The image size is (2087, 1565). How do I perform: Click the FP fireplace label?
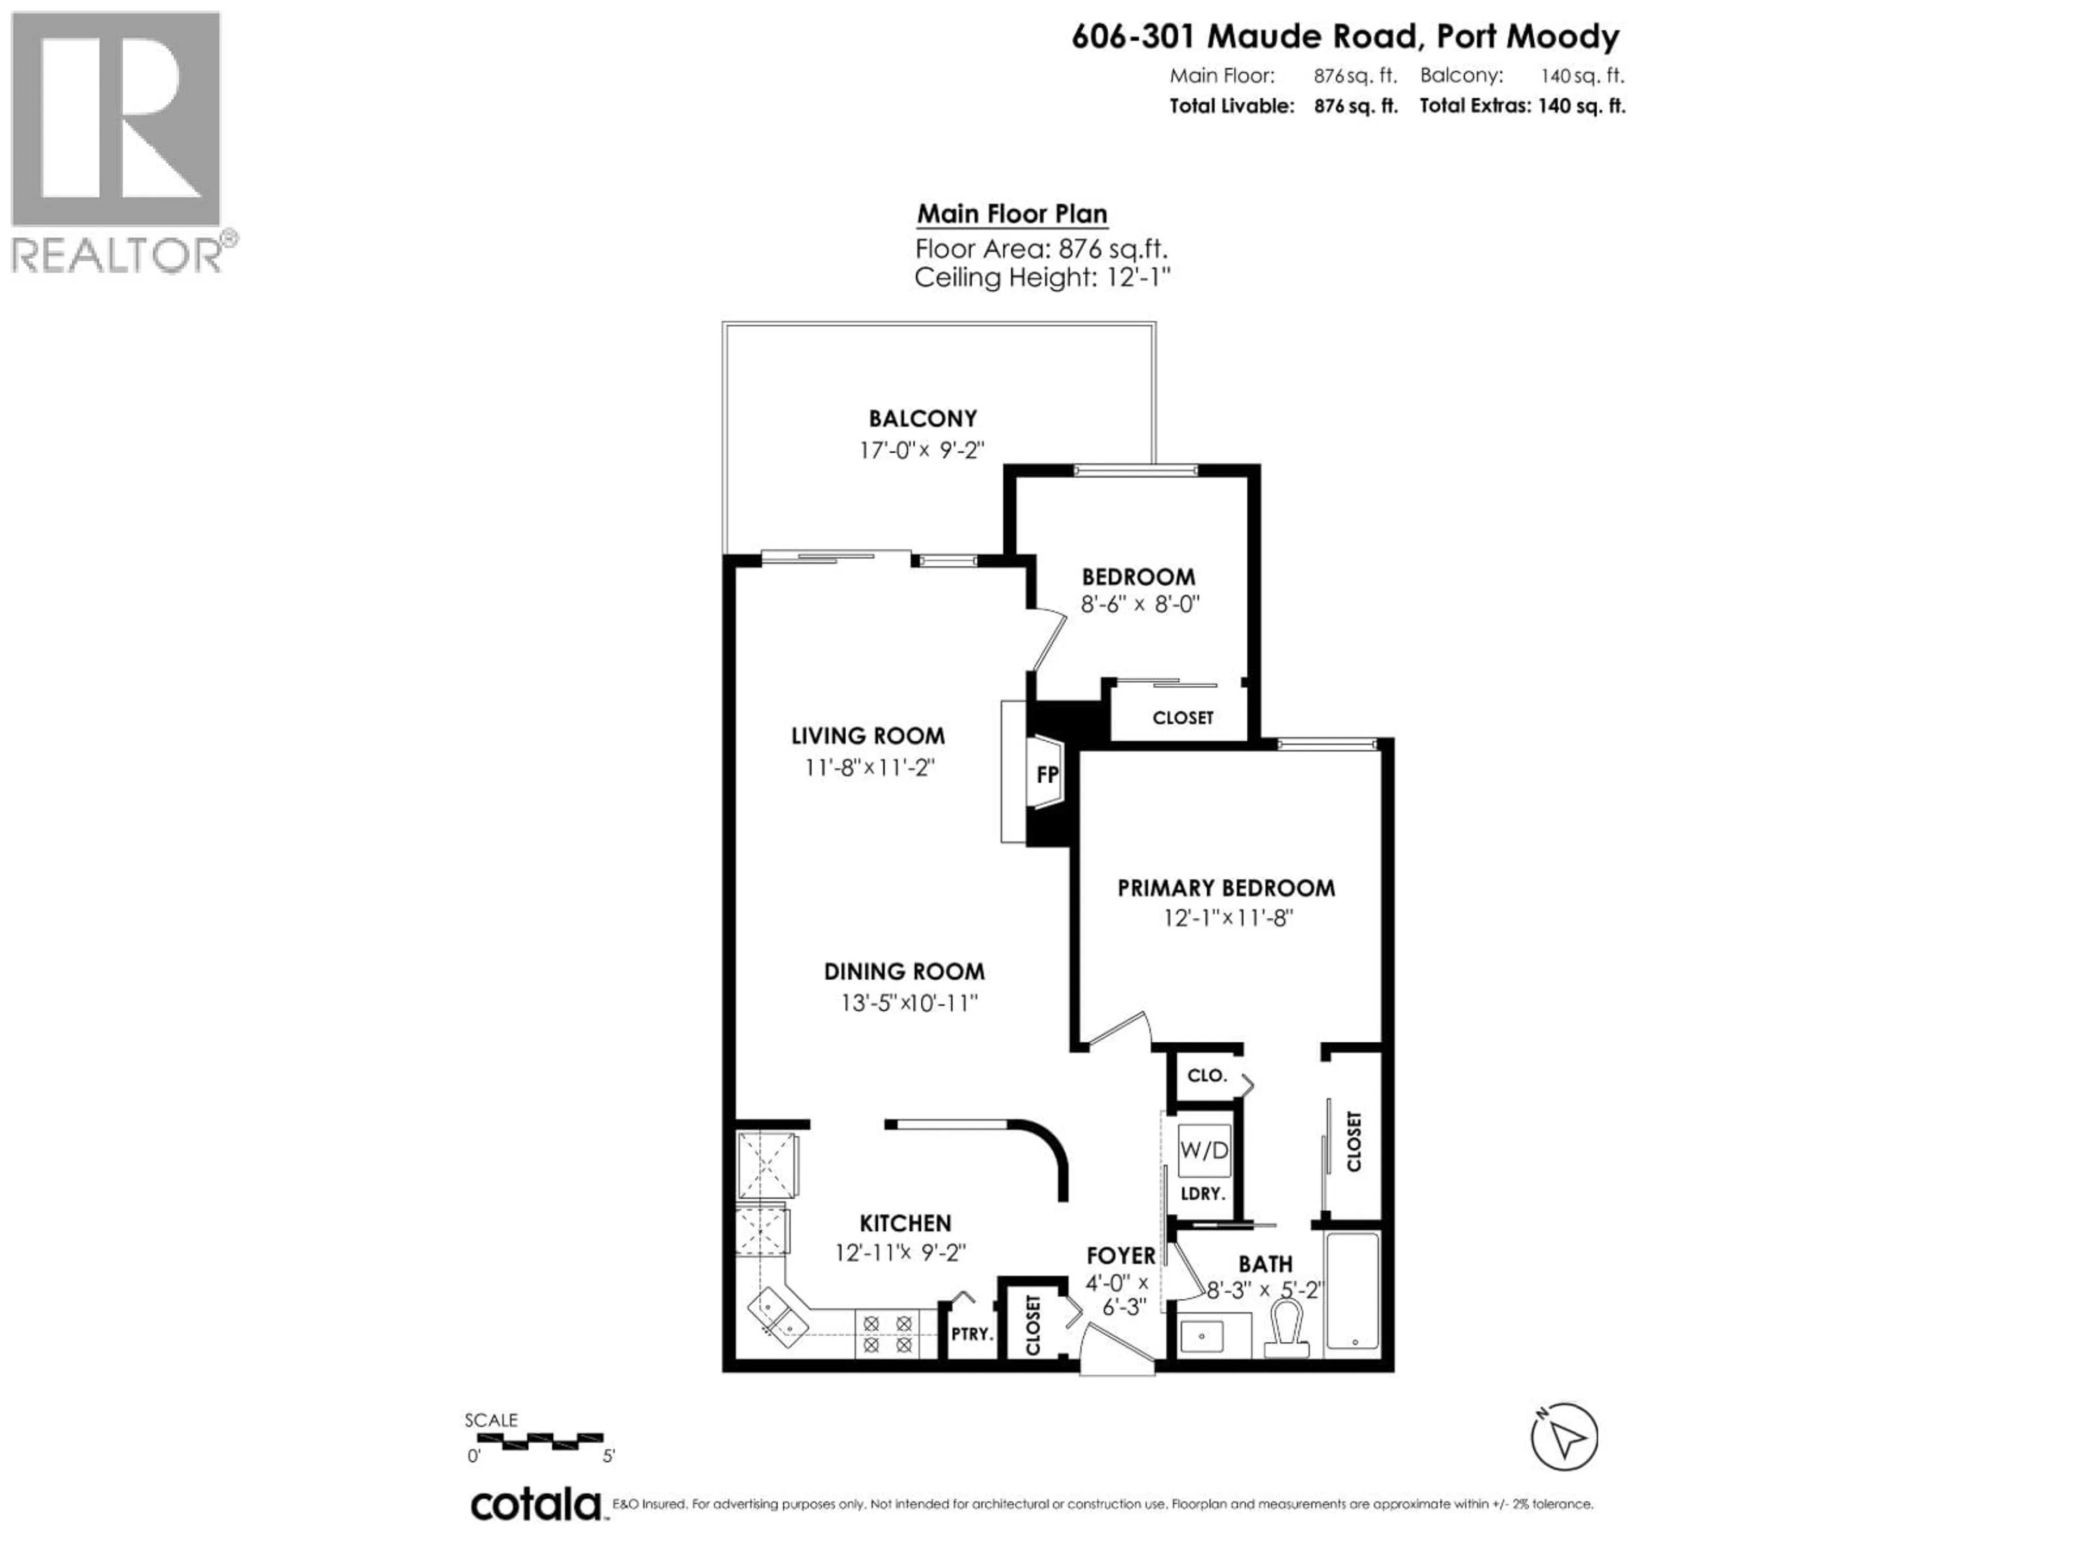1046,774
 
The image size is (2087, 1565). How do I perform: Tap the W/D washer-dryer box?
1204,1150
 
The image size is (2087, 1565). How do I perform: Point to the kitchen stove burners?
887,1334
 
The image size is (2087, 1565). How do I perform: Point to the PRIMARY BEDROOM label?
1226,888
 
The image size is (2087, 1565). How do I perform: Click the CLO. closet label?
1206,1075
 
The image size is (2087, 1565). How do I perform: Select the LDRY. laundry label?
1202,1193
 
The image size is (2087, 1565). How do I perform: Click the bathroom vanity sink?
1202,1336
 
